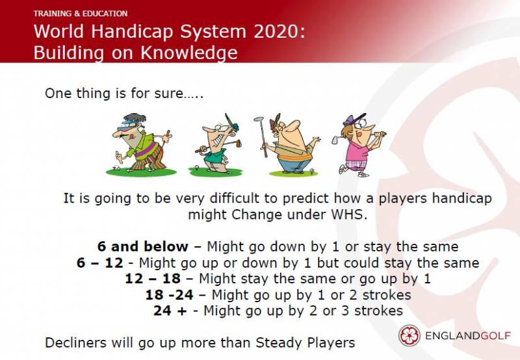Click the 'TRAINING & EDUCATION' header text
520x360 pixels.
pos(80,14)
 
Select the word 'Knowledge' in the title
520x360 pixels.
pos(189,53)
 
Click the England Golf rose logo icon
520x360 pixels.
pos(409,335)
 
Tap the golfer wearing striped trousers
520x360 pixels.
pos(142,143)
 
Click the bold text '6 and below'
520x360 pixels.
pos(143,246)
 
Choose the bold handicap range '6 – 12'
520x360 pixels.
pos(100,263)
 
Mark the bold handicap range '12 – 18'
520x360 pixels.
pos(153,279)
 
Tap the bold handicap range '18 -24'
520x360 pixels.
pos(170,294)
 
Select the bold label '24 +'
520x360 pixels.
pos(170,311)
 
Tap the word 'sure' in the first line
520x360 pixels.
pos(168,94)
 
